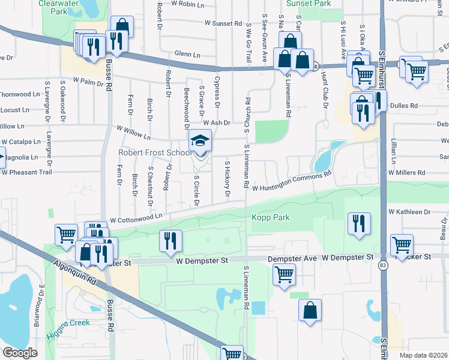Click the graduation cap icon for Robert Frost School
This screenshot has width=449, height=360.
pos(200,140)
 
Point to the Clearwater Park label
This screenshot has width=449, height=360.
pos(61,7)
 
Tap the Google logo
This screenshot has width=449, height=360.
pos(20,353)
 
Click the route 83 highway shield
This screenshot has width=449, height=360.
pos(382,265)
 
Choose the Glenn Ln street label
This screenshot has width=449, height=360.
pos(187,55)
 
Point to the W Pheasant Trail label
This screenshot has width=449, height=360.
pos(27,172)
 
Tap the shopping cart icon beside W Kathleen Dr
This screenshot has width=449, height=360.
pos(401,244)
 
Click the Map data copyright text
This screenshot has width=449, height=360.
pos(424,355)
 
